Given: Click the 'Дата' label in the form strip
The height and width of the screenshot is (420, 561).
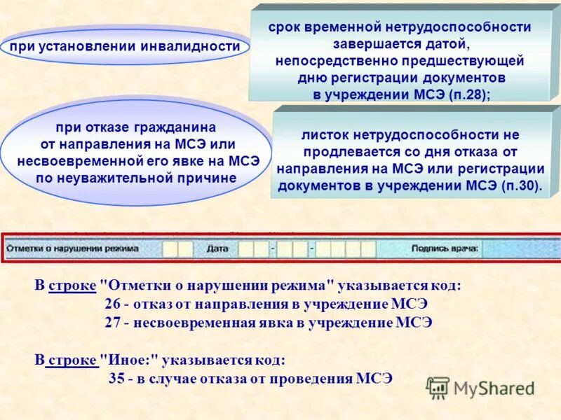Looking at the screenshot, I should click(217, 248).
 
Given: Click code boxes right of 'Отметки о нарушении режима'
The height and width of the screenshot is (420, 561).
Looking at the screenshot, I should click(177, 248).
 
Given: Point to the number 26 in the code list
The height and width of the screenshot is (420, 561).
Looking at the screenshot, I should click(111, 304).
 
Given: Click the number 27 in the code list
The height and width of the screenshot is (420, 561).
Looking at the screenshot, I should click(111, 323).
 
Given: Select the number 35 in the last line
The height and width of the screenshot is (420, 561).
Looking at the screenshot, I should click(117, 378).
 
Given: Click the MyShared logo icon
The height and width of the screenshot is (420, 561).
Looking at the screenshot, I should click(438, 387).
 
